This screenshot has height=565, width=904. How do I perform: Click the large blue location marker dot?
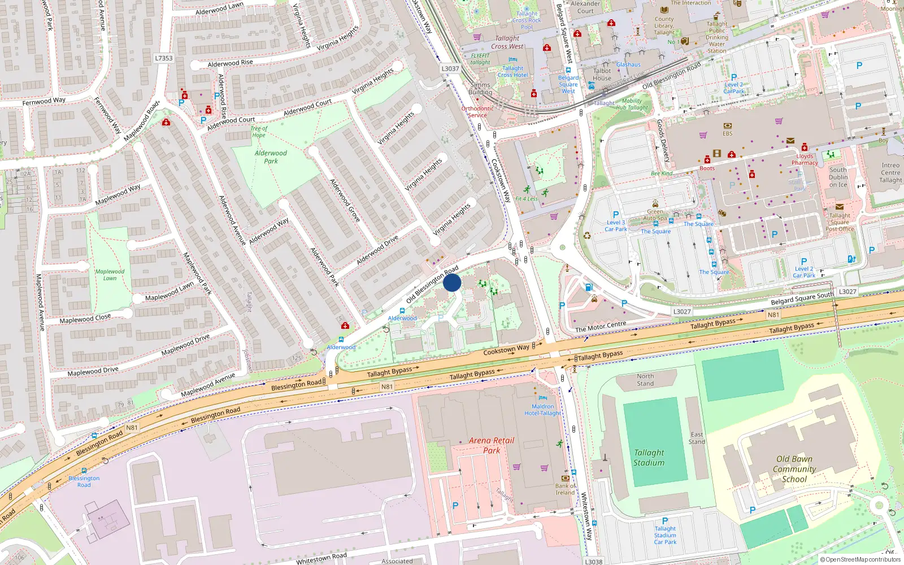click(452, 282)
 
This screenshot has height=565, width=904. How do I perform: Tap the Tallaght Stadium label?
click(649, 458)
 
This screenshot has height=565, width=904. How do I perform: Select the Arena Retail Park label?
click(492, 445)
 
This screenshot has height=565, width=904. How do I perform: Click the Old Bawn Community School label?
click(794, 469)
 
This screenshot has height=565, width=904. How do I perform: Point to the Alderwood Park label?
click(271, 157)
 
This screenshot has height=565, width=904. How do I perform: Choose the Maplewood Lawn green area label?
click(110, 275)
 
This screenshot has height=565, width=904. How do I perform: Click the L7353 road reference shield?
click(164, 58)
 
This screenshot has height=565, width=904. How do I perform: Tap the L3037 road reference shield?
click(450, 69)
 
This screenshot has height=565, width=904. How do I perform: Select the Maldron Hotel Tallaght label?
click(542, 410)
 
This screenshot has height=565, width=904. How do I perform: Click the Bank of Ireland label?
click(566, 489)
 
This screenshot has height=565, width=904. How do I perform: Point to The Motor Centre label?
click(601, 326)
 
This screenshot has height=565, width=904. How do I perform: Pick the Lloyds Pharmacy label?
click(805, 159)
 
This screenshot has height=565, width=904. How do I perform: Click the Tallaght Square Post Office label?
click(840, 222)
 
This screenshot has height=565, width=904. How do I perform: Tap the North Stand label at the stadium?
click(645, 380)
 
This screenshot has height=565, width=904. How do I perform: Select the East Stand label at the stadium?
click(697, 438)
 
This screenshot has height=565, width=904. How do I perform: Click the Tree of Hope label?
click(259, 132)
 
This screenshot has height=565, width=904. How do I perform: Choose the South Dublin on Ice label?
click(838, 177)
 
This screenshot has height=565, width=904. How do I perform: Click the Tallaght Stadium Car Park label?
click(665, 535)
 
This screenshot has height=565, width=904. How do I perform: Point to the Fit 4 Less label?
click(526, 199)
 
